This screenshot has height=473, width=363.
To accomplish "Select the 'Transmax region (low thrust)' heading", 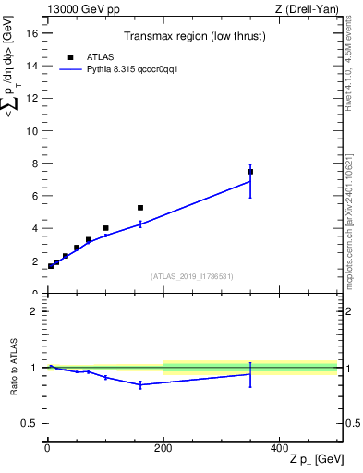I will click(191, 38).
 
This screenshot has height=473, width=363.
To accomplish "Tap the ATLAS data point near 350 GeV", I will click(250, 172).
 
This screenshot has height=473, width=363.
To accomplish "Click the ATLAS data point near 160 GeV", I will click(140, 208).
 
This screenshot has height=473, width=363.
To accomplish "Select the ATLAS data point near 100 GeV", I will click(105, 228).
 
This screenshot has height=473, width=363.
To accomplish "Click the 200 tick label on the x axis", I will click(163, 448).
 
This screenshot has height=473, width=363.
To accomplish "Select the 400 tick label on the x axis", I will click(279, 448).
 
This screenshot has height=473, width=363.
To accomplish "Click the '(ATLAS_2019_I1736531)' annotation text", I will click(191, 276).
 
